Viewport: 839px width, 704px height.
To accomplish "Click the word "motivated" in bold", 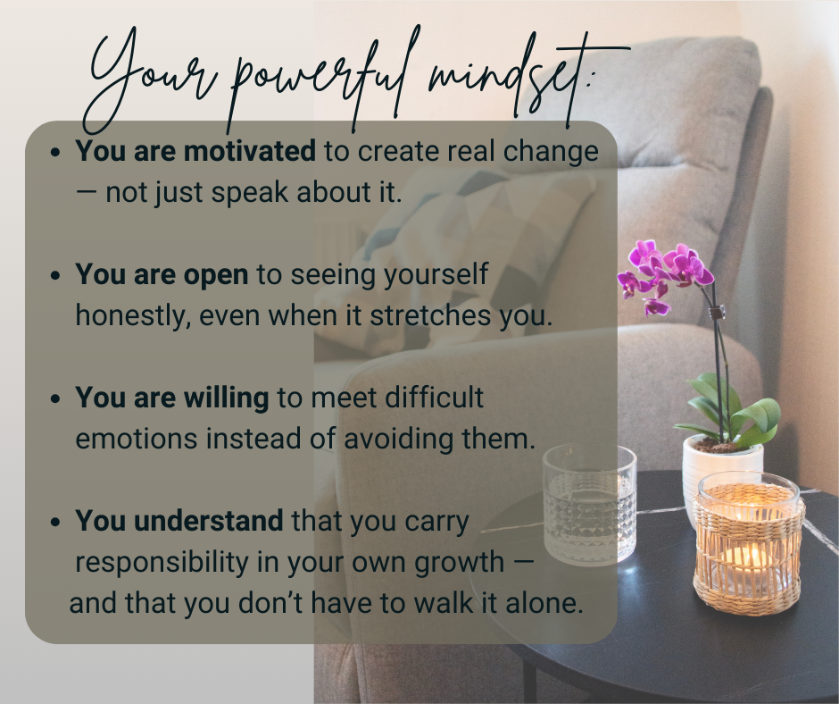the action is (x=249, y=151).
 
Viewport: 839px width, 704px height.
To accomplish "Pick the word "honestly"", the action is (x=133, y=316).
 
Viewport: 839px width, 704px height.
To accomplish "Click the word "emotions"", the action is (x=137, y=440).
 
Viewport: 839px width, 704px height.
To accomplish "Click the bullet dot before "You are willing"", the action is (x=55, y=399).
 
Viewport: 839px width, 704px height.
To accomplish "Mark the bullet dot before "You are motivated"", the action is (x=55, y=153).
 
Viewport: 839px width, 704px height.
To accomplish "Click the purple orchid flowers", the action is (x=665, y=274).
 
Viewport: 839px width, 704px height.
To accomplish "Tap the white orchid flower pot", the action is (x=722, y=472).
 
